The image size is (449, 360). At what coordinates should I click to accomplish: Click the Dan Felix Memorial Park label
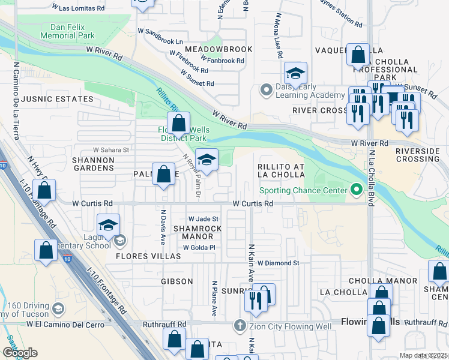click(x=67, y=31)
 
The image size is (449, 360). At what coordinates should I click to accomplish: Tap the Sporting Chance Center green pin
click(x=357, y=191)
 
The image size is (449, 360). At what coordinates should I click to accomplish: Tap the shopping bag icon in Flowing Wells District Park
click(x=178, y=124)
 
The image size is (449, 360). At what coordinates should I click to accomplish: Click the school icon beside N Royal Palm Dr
click(x=206, y=160)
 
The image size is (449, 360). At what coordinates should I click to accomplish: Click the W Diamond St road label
click(x=278, y=263)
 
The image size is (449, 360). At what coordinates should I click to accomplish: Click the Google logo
click(x=20, y=352)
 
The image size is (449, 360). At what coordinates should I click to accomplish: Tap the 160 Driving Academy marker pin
click(x=58, y=308)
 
